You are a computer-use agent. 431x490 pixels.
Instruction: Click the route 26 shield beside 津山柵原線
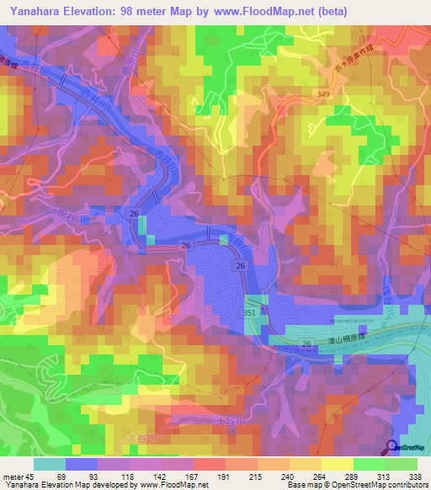[x=242, y=266]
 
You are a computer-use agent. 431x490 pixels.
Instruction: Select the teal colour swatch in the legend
[x=49, y=464]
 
